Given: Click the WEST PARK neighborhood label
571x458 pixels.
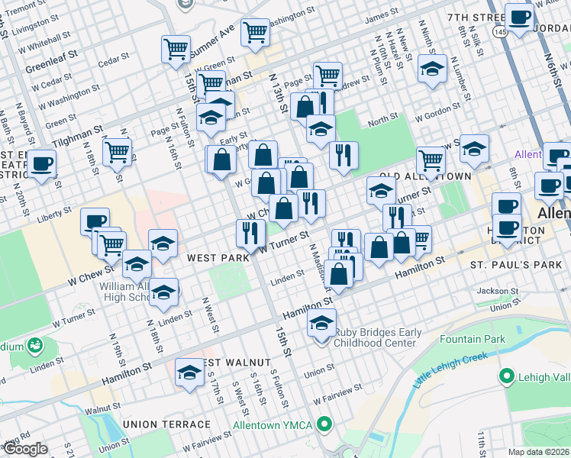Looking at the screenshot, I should [218, 259].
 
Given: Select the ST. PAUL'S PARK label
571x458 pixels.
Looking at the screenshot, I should [509, 265].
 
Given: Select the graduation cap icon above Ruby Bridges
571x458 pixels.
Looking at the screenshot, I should [322, 324].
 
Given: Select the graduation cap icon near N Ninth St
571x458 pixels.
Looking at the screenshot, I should [432, 70].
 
